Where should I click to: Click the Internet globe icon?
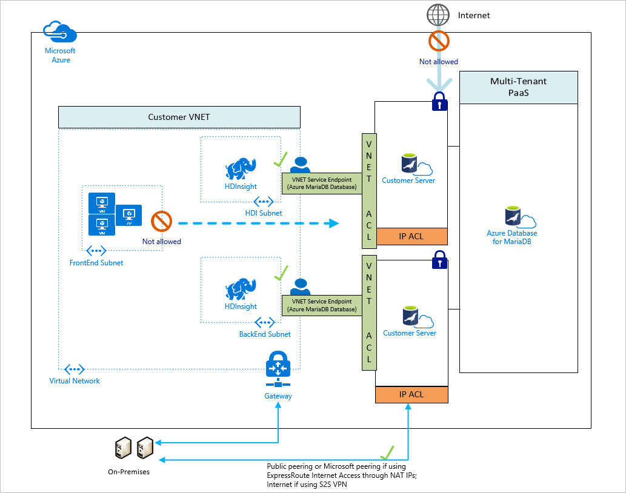point(438,15)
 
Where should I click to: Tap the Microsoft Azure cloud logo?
point(60,32)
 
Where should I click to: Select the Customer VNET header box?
point(179,117)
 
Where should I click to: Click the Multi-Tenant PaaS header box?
point(519,87)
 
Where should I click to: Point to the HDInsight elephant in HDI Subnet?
point(241,168)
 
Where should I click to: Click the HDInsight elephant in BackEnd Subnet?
point(241,289)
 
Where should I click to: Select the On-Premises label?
point(128,472)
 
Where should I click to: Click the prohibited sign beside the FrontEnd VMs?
point(161,221)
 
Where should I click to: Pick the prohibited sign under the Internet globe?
point(439,41)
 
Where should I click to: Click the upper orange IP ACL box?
point(411,237)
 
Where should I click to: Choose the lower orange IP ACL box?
point(411,394)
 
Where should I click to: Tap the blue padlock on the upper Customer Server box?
point(439,101)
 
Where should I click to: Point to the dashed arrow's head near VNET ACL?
point(334,223)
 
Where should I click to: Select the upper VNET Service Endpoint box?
point(322,184)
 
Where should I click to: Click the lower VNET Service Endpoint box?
point(322,305)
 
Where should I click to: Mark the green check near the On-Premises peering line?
point(387,452)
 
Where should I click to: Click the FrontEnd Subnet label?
point(96,263)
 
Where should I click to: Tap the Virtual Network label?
point(75,381)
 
